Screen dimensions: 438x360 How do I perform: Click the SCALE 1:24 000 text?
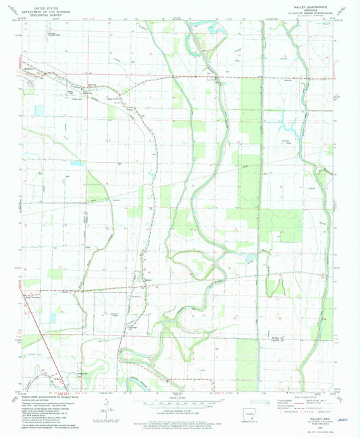click(179, 398)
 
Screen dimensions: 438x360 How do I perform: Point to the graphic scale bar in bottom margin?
click(179, 403)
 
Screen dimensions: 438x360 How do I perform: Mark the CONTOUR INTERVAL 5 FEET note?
click(179, 412)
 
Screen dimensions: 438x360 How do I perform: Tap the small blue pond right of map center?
click(251, 257)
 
